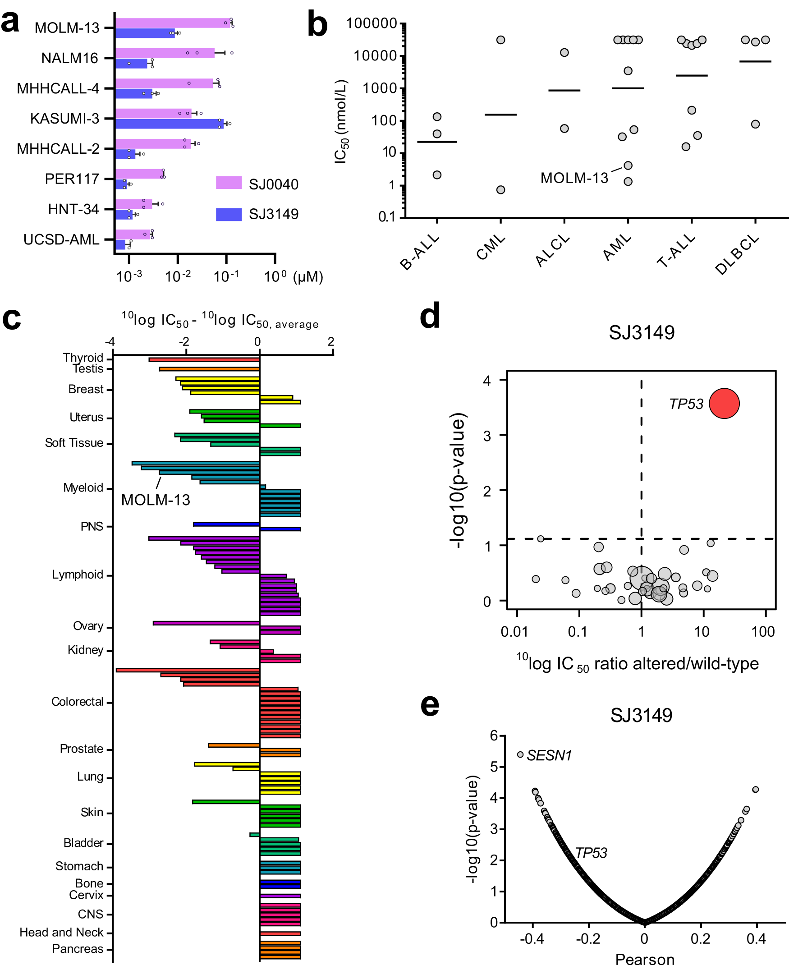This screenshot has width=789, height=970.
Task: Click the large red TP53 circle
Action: (x=724, y=403)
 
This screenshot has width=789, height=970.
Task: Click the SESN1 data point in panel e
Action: (x=520, y=754)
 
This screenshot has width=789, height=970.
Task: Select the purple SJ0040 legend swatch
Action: (x=229, y=183)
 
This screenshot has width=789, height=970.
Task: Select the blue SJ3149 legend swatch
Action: (x=229, y=214)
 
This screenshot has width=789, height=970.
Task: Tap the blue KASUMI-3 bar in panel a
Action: (x=169, y=124)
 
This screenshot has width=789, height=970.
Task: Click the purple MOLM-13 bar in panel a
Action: (x=173, y=23)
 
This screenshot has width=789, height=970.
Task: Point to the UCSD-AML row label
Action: (x=61, y=239)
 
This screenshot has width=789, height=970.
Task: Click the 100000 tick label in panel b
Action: (x=372, y=23)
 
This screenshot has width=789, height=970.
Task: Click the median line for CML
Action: (x=500, y=115)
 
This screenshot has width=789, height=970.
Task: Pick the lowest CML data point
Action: (x=500, y=189)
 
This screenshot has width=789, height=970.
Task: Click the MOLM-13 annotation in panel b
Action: (x=574, y=178)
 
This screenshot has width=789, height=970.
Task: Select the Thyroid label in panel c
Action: (x=83, y=358)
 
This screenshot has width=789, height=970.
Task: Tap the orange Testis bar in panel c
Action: (x=209, y=369)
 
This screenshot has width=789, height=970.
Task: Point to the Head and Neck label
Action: (x=61, y=932)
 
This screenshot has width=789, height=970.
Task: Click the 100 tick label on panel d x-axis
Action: (x=763, y=631)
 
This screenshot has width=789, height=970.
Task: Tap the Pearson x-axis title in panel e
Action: (x=644, y=959)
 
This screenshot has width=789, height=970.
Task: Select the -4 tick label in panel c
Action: (x=110, y=342)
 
